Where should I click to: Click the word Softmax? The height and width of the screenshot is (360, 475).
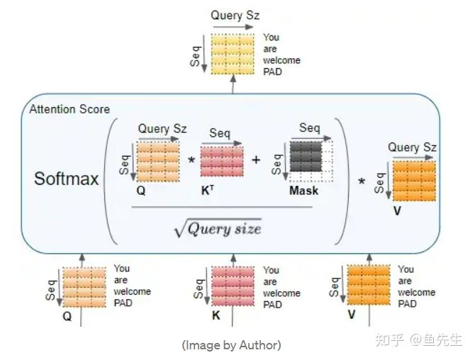(x=67, y=179)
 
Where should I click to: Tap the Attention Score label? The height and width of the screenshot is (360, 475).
(x=69, y=109)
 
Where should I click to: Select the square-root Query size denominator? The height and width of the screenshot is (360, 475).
(x=218, y=228)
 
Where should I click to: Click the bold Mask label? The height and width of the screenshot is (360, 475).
(x=304, y=191)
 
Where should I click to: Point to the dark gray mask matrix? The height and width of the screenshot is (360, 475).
(x=306, y=156)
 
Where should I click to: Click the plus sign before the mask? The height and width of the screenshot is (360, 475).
(x=256, y=159)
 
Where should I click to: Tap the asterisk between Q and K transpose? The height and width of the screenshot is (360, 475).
(x=191, y=159)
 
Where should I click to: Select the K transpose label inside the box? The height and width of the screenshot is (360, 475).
(x=208, y=191)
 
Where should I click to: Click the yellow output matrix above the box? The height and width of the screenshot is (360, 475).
(x=233, y=54)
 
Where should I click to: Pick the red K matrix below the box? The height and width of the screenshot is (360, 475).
(x=233, y=286)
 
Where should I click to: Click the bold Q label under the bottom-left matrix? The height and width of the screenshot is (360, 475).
(x=67, y=316)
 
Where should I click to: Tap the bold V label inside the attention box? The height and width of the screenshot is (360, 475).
(x=397, y=210)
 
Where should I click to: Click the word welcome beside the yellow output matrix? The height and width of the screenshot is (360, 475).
(x=281, y=60)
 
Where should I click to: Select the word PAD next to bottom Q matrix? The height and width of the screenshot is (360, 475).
(x=123, y=303)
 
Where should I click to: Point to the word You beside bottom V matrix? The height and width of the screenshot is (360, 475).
(x=406, y=269)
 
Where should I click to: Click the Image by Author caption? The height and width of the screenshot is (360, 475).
(x=231, y=345)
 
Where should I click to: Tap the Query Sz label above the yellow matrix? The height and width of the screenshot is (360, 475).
(x=235, y=16)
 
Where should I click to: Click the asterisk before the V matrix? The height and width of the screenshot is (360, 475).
(x=362, y=181)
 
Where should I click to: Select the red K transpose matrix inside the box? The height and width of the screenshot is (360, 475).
(x=222, y=160)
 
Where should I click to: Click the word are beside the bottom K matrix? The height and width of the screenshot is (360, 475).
(x=269, y=282)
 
